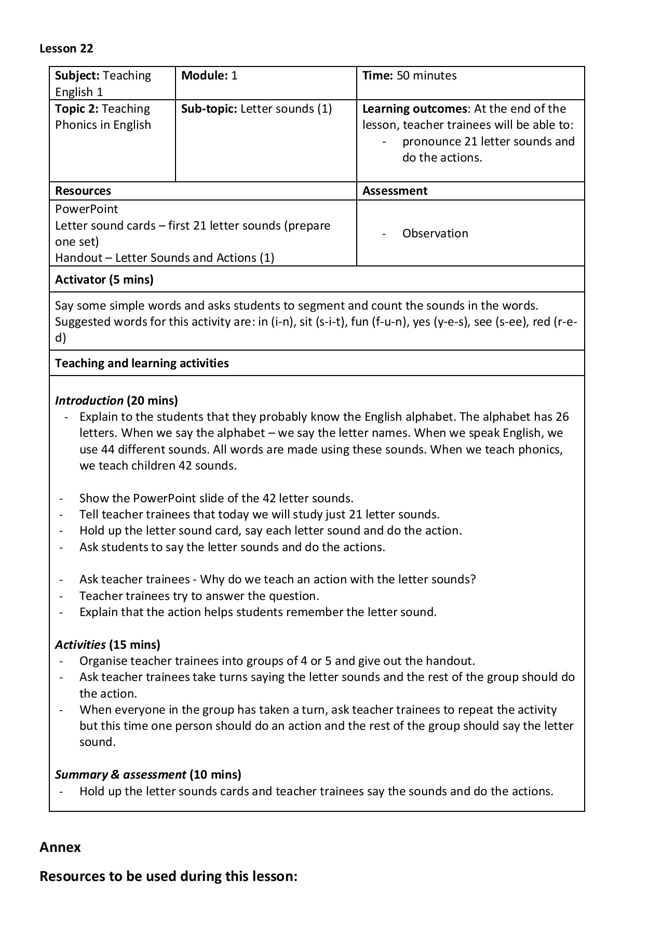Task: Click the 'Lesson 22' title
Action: point(66,48)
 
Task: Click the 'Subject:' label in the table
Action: point(77,76)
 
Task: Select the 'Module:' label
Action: point(204,76)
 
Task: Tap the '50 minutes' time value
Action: point(426,76)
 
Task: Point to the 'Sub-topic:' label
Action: point(209,109)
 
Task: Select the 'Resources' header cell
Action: point(83,191)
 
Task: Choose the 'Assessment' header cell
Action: point(394,191)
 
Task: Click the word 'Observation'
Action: point(435,234)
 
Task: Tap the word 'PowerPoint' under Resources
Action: point(86,209)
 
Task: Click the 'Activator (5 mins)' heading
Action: point(104,280)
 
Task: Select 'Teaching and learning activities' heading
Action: point(141,363)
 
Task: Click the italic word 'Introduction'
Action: point(89,400)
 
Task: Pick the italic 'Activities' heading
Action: point(80,645)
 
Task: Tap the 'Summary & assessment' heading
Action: point(120,774)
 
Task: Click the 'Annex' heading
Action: point(60,847)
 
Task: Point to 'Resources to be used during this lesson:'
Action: point(168,876)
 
